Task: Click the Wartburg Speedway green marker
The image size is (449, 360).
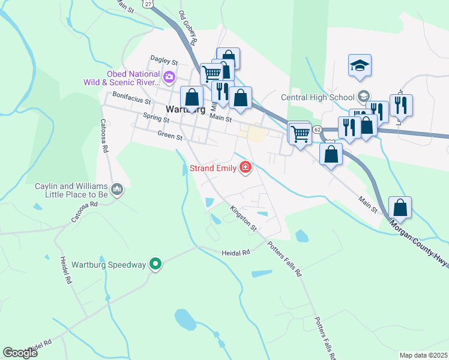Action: click(x=155, y=264)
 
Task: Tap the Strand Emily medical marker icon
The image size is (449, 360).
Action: click(x=245, y=167)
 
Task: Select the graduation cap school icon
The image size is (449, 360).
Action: click(x=360, y=65)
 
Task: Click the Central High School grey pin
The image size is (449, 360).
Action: click(x=363, y=96)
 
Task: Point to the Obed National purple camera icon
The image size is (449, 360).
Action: click(x=169, y=76)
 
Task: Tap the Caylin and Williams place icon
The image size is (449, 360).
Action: click(x=117, y=190)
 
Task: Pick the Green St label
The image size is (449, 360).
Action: click(x=170, y=136)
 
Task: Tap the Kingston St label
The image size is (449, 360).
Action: click(x=243, y=219)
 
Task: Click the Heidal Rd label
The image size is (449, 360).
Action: click(x=235, y=253)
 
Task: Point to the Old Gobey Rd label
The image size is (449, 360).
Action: click(x=187, y=28)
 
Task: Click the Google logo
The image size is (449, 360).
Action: click(x=20, y=353)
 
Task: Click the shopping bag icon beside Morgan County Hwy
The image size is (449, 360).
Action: click(x=400, y=208)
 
